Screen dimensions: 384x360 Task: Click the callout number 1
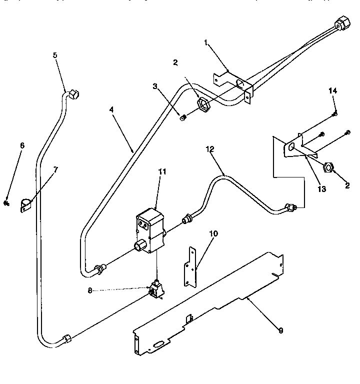click(x=205, y=43)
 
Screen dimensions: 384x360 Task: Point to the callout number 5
click(x=55, y=55)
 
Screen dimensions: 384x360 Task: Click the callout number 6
click(x=22, y=145)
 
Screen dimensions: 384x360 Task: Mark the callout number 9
click(x=280, y=330)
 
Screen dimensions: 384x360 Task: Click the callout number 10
click(x=214, y=233)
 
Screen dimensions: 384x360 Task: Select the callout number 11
click(x=161, y=171)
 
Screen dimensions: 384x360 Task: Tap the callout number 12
click(x=210, y=148)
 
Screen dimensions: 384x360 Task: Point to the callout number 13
click(x=321, y=189)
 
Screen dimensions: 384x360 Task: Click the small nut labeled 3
click(x=183, y=117)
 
